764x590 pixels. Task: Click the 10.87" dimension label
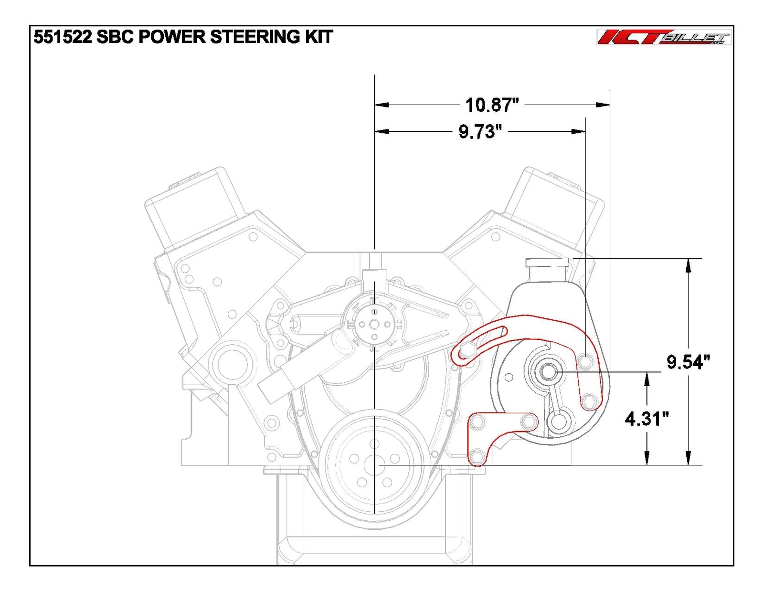pos(491,105)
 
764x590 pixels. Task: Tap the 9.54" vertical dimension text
pos(688,362)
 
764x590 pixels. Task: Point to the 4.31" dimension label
pos(647,419)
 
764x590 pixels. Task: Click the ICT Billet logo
pos(664,37)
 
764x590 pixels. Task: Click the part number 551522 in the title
pos(62,37)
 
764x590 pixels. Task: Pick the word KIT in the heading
pos(318,37)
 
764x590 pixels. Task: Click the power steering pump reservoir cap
pos(547,262)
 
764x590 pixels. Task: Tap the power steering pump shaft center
pos(548,371)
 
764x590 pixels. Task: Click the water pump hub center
pos(375,325)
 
